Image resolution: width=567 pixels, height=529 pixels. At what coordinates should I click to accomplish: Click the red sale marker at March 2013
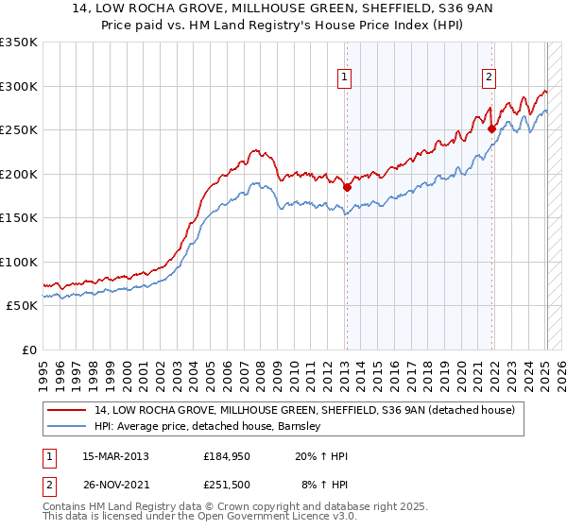[347, 187]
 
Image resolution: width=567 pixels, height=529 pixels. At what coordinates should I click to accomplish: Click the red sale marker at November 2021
[492, 129]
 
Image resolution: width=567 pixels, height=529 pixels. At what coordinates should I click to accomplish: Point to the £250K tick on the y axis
[19, 130]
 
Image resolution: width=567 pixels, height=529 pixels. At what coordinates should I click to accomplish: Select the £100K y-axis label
[19, 262]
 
